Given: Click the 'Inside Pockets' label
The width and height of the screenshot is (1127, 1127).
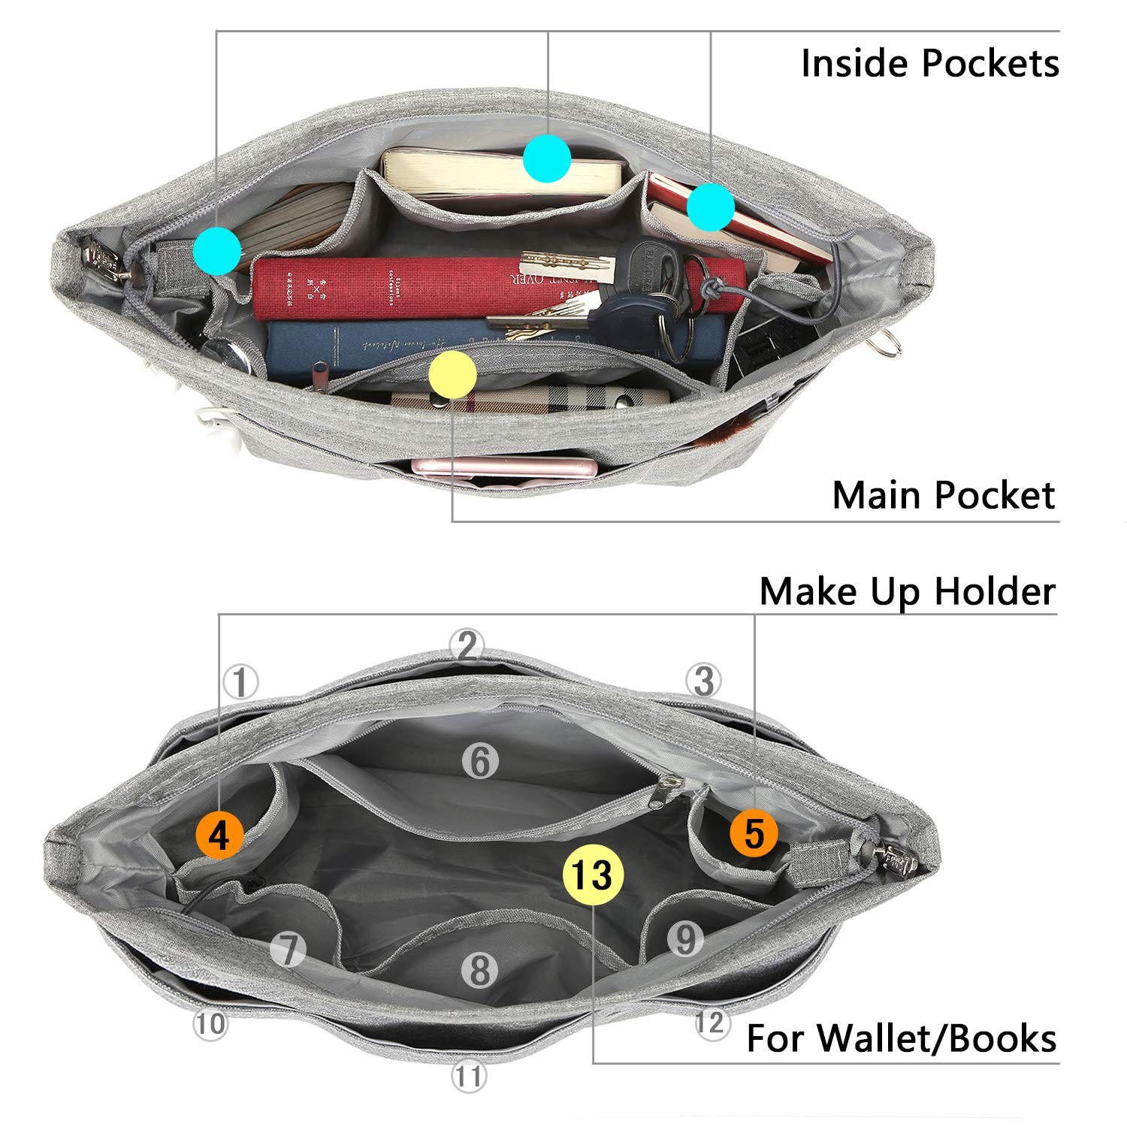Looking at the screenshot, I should click(929, 63).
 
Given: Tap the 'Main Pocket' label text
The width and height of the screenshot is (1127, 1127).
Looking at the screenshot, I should click(944, 496).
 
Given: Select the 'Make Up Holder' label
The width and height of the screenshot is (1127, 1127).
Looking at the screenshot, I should click(907, 592).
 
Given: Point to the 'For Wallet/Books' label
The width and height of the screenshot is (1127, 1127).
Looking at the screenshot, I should click(901, 1038).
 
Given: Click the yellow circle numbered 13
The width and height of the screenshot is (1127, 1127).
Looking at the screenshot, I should click(594, 875).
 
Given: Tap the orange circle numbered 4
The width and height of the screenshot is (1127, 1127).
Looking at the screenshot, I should click(219, 835).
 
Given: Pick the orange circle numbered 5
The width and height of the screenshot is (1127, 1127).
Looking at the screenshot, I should click(754, 832).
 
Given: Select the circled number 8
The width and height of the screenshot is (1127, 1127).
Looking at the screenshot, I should click(479, 970).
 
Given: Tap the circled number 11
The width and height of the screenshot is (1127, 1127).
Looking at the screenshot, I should click(468, 1077).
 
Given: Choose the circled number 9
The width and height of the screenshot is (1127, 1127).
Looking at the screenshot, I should click(684, 938).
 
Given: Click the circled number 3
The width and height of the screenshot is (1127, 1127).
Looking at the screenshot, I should click(703, 681).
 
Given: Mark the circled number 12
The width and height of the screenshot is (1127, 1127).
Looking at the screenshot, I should click(711, 1023).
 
